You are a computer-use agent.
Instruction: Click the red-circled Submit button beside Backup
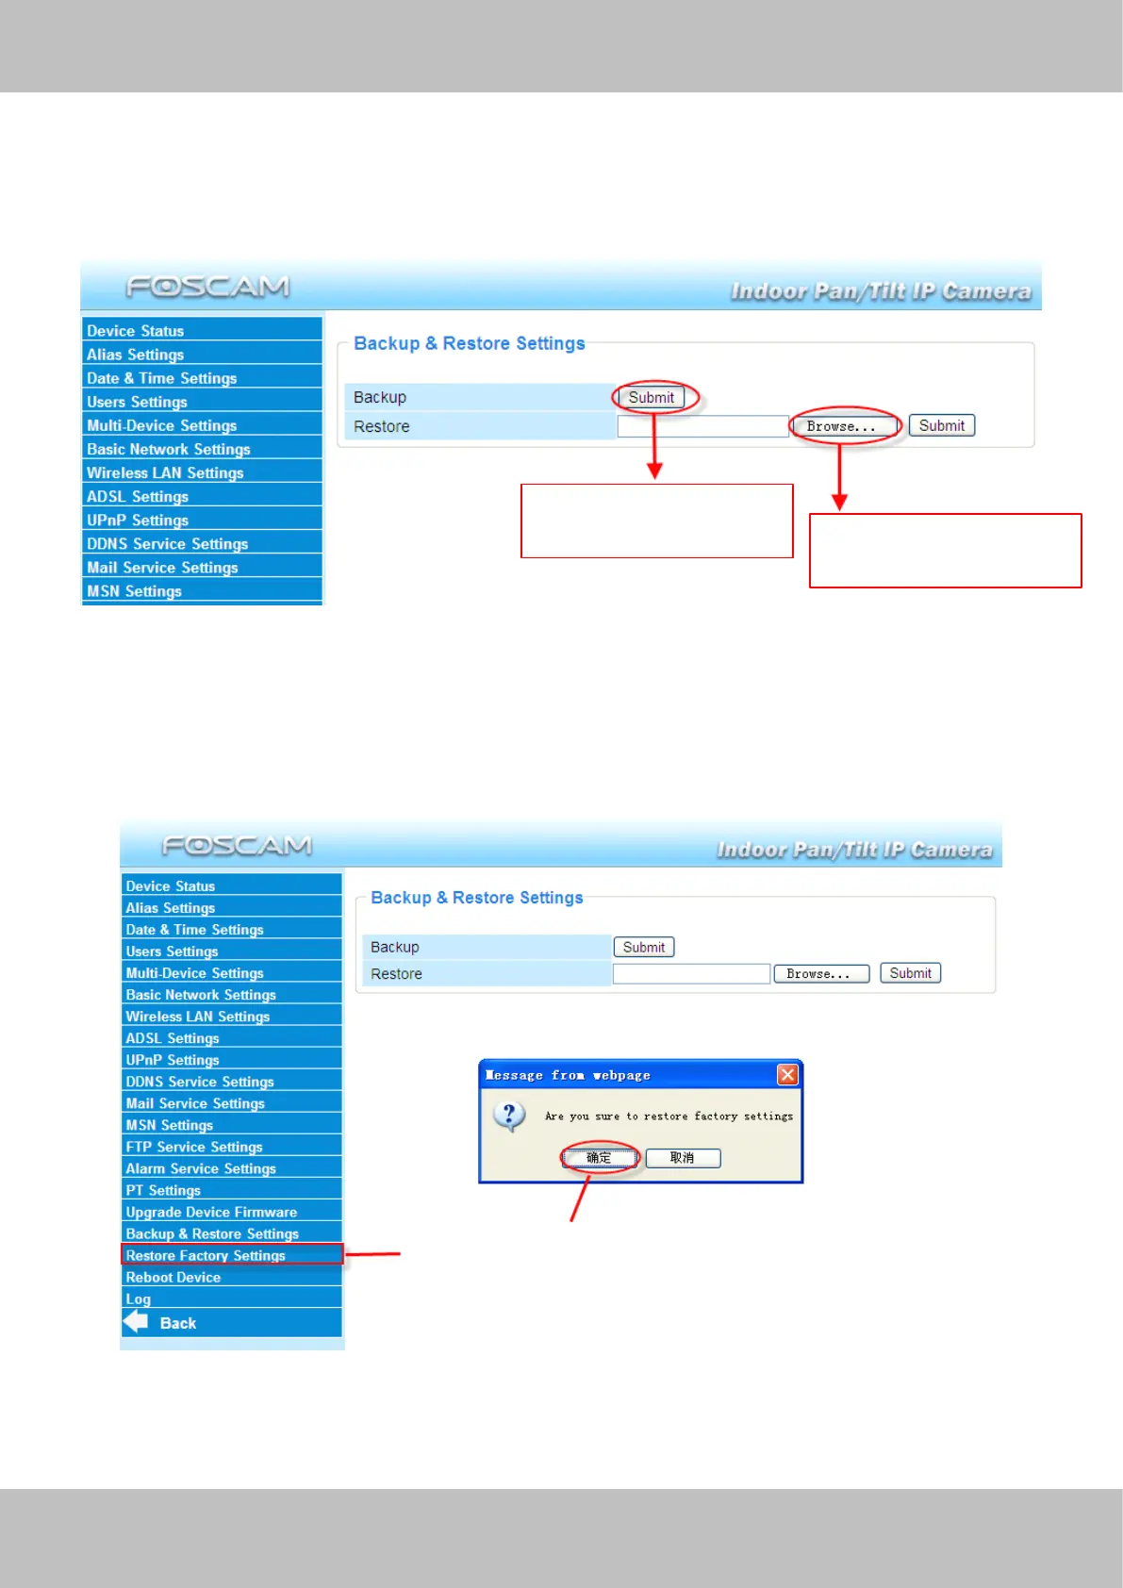click(x=652, y=398)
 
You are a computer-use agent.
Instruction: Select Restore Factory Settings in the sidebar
click(x=206, y=1255)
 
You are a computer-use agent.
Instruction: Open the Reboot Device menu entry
click(x=173, y=1277)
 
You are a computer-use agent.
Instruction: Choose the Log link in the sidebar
click(x=139, y=1299)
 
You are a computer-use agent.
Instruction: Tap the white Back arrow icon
click(x=137, y=1321)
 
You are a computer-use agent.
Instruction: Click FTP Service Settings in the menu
click(x=194, y=1147)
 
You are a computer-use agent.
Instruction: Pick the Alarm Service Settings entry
click(x=201, y=1168)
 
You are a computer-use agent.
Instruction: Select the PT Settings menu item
click(x=163, y=1190)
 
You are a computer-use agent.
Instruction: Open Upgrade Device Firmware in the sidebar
click(x=211, y=1212)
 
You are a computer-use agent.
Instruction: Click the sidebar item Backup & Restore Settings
click(x=212, y=1233)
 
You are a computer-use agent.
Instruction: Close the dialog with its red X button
click(x=787, y=1074)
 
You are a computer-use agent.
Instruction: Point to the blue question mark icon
click(x=509, y=1116)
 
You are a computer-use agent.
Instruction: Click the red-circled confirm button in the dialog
click(x=600, y=1158)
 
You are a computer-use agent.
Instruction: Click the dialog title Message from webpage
click(x=568, y=1075)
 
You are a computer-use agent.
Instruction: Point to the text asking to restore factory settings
click(x=669, y=1117)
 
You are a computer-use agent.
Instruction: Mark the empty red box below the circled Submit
click(x=657, y=521)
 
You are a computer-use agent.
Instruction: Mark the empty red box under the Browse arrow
click(x=945, y=551)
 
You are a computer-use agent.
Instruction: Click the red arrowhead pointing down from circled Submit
click(x=654, y=470)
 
